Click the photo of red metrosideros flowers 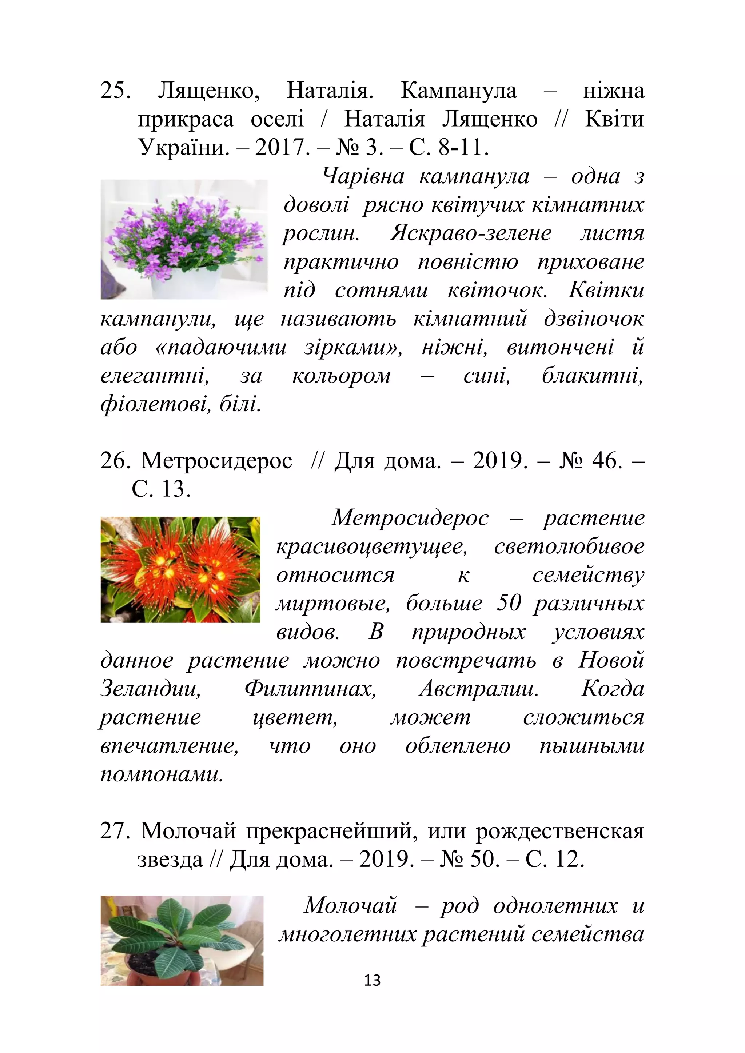click(180, 570)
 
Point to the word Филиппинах click(310, 688)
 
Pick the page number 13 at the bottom click(372, 980)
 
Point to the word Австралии click(479, 688)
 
